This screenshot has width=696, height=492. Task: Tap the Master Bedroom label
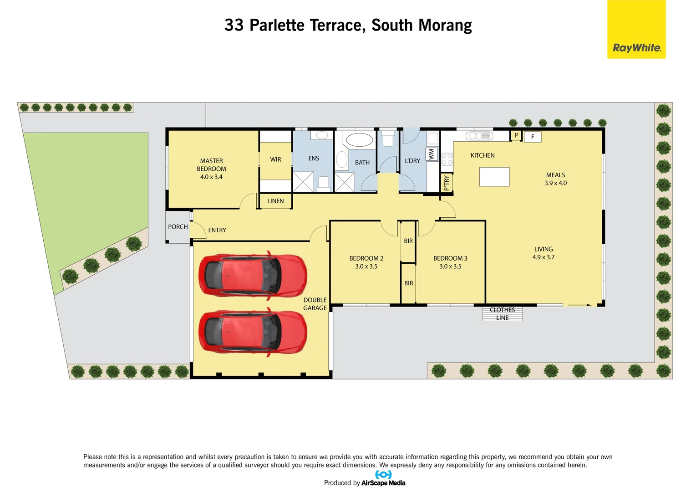(x=211, y=164)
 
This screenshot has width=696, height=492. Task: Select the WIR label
(x=275, y=159)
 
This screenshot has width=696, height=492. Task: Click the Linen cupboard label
(x=275, y=201)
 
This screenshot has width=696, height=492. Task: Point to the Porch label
(x=178, y=227)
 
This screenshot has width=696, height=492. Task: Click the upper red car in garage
(x=253, y=275)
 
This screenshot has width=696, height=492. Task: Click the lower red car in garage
(x=253, y=332)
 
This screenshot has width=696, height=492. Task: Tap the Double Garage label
(x=315, y=304)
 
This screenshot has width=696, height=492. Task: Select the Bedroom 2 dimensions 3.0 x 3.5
(x=366, y=266)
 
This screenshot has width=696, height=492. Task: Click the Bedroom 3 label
(x=450, y=258)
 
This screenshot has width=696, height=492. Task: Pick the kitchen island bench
(x=494, y=177)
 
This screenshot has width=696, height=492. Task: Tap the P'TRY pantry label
(x=447, y=183)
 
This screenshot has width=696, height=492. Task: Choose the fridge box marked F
(x=533, y=137)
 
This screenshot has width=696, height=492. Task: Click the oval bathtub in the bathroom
(x=359, y=140)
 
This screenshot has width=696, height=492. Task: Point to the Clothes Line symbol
(x=502, y=314)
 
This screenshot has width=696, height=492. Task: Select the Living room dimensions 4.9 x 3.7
(x=544, y=257)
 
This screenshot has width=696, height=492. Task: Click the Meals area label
(x=555, y=175)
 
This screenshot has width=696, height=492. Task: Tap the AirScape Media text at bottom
(x=383, y=483)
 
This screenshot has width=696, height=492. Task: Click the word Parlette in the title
(x=277, y=25)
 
